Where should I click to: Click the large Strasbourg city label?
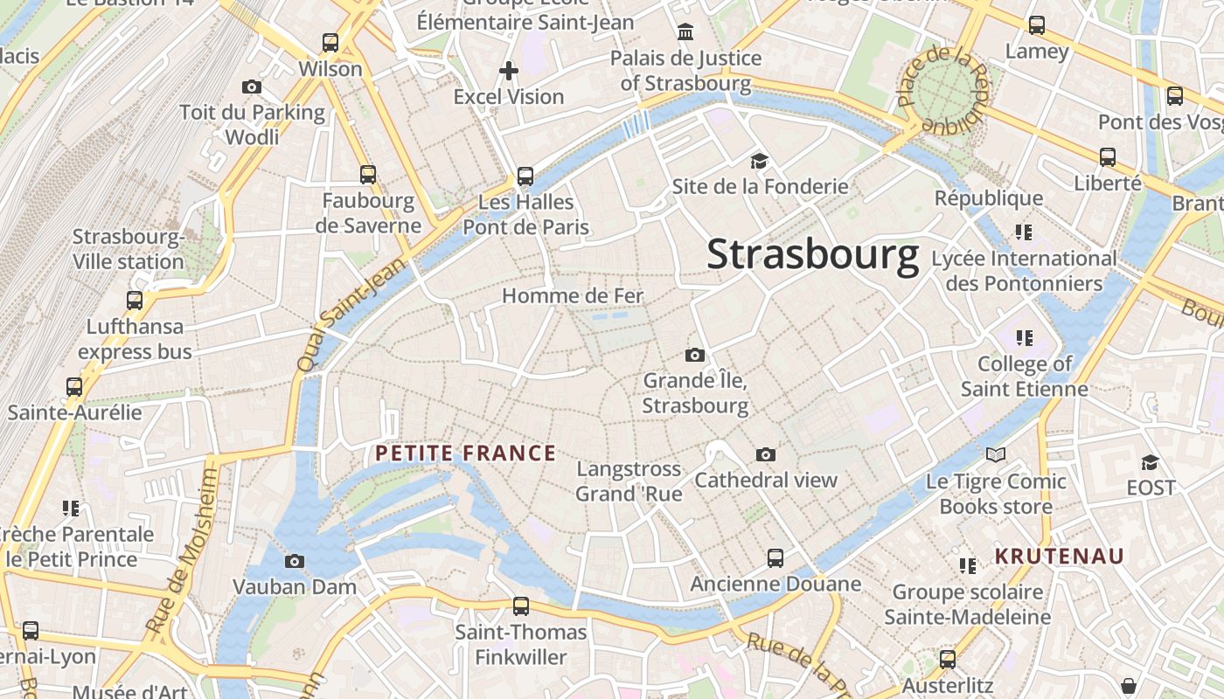pyautogui.click(x=812, y=254)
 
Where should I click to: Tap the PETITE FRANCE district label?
pyautogui.click(x=465, y=453)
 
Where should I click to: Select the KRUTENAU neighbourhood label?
pyautogui.click(x=1060, y=557)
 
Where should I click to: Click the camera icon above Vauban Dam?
pyautogui.click(x=295, y=561)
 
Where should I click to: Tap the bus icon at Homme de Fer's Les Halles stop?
pyautogui.click(x=525, y=176)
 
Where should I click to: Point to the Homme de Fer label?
pyautogui.click(x=573, y=296)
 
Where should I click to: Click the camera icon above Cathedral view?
pyautogui.click(x=766, y=454)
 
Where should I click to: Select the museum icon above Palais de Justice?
pyautogui.click(x=685, y=33)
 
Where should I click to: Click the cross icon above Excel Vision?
pyautogui.click(x=508, y=71)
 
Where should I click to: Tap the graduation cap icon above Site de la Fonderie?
pyautogui.click(x=759, y=161)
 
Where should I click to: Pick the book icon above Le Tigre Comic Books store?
pyautogui.click(x=996, y=454)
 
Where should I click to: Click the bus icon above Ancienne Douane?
pyautogui.click(x=775, y=557)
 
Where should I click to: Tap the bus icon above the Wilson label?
pyautogui.click(x=330, y=42)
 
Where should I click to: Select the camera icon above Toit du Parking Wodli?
pyautogui.click(x=252, y=87)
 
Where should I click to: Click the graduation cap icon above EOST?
pyautogui.click(x=1151, y=461)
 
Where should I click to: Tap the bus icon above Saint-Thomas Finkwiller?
pyautogui.click(x=521, y=606)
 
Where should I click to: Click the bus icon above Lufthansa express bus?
pyautogui.click(x=135, y=301)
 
